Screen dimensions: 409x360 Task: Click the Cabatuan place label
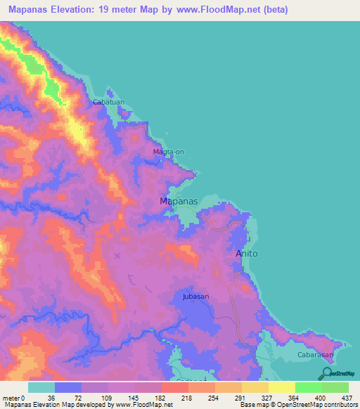pos(109,102)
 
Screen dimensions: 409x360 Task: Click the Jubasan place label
pos(192,297)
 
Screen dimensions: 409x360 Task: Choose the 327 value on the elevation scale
pos(255,397)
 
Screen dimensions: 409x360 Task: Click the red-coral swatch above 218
pos(174,387)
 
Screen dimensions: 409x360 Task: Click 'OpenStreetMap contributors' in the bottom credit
pos(321,405)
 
